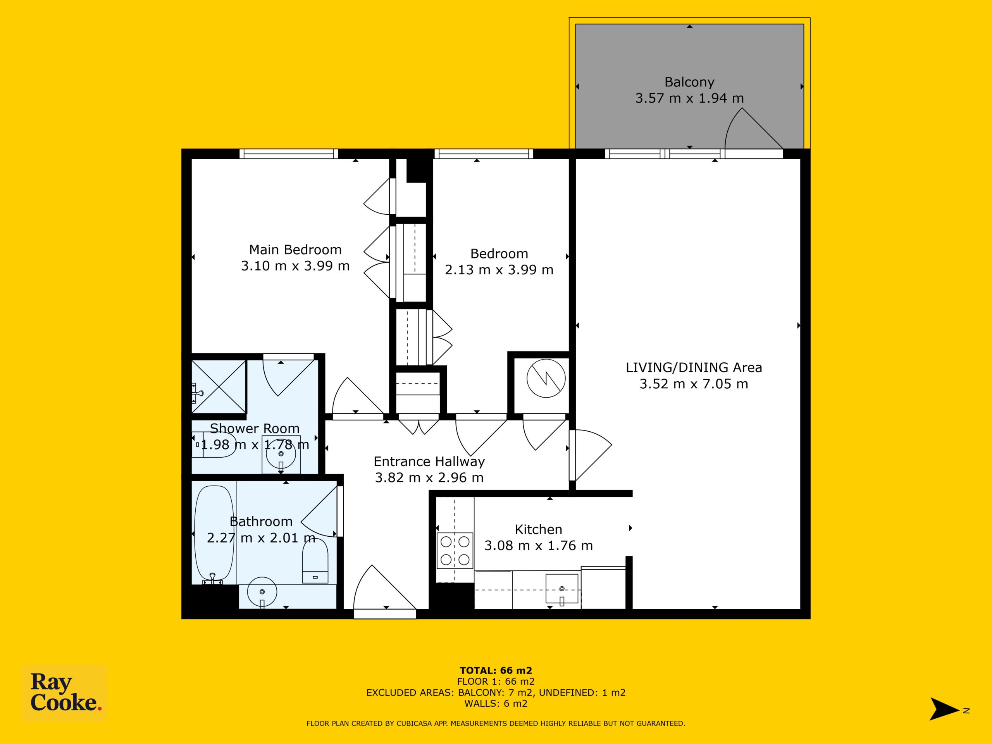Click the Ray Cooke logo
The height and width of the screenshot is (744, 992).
point(65,693)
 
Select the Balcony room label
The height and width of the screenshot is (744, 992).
point(689,82)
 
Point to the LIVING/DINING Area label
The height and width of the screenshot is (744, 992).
point(694,368)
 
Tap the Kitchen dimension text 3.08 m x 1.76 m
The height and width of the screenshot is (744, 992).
point(538,546)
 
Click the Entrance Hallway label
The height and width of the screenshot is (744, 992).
point(429,462)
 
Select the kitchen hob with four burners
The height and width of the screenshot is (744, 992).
point(455,551)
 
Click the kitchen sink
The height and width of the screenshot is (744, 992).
point(562,589)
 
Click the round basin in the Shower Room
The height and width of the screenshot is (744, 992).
point(281,454)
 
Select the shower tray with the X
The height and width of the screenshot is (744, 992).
point(219,387)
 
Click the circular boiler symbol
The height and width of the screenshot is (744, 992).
point(546,379)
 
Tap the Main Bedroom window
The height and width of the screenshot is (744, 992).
point(288,154)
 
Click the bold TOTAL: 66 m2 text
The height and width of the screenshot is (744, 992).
point(496,670)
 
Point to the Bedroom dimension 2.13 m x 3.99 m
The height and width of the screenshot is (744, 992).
point(499,270)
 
